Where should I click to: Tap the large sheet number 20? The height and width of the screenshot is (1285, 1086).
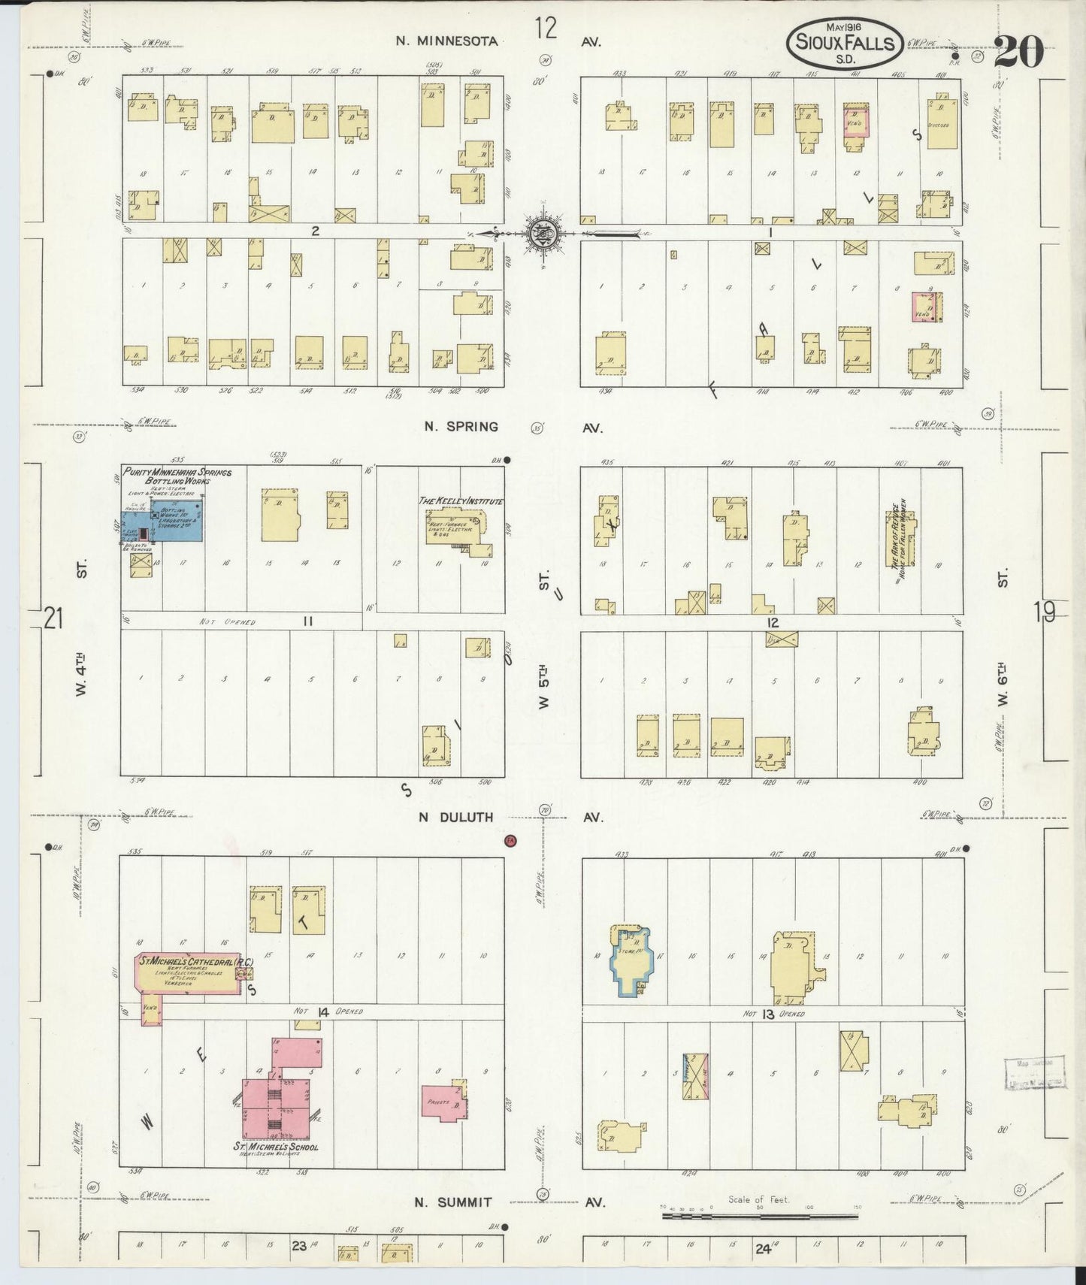[x=1019, y=51]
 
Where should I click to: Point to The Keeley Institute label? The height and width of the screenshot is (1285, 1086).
[x=461, y=501]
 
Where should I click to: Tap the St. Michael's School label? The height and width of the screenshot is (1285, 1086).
[x=275, y=1147]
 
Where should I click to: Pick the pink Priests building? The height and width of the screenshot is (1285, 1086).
[x=443, y=1104]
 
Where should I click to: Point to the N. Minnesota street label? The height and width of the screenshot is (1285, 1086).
[x=446, y=41]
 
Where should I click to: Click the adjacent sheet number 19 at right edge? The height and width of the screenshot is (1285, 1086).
[x=1045, y=613]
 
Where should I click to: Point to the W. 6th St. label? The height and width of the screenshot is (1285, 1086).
[x=1002, y=669]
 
